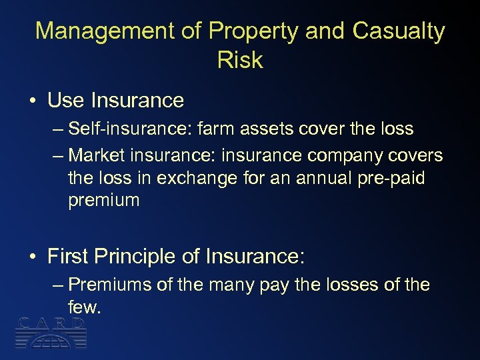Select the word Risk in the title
[x=240, y=60]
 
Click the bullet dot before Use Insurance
[x=32, y=101]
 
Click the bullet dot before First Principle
[x=32, y=257]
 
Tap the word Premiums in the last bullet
[x=111, y=285]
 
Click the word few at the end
[x=84, y=307]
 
